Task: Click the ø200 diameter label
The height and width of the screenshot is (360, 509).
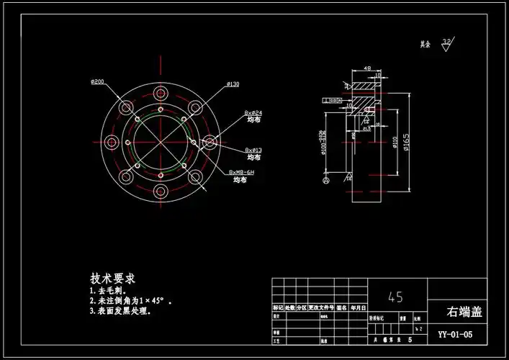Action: point(98,81)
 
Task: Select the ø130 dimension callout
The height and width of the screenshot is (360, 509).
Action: point(233,84)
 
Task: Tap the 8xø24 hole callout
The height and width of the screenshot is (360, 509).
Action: point(253,113)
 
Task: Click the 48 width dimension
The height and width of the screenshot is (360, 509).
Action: point(366,69)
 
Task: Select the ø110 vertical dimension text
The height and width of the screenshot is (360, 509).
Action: point(395,141)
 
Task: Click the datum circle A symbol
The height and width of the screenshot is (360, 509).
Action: point(327,181)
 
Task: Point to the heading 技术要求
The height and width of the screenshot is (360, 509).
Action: point(113,279)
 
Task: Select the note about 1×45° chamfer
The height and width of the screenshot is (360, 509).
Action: point(130,301)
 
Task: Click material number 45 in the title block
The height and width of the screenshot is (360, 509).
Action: point(395,296)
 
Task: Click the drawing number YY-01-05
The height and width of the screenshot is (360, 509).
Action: point(456,334)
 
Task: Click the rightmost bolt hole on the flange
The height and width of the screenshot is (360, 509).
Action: point(210,143)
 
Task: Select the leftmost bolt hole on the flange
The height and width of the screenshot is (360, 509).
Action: point(111,143)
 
